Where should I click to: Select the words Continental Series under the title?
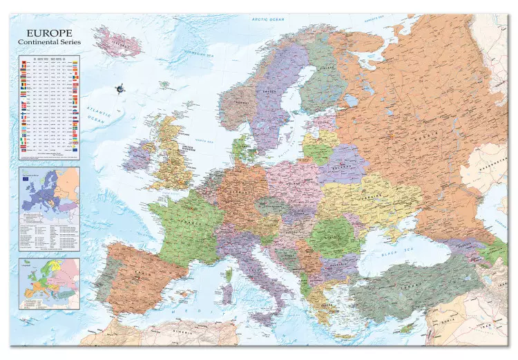50,42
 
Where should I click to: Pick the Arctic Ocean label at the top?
268,20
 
